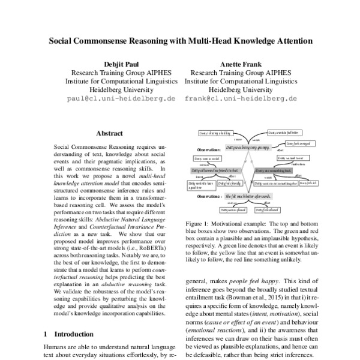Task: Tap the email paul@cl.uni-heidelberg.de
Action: (122, 98)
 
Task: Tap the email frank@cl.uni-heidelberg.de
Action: (241, 98)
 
